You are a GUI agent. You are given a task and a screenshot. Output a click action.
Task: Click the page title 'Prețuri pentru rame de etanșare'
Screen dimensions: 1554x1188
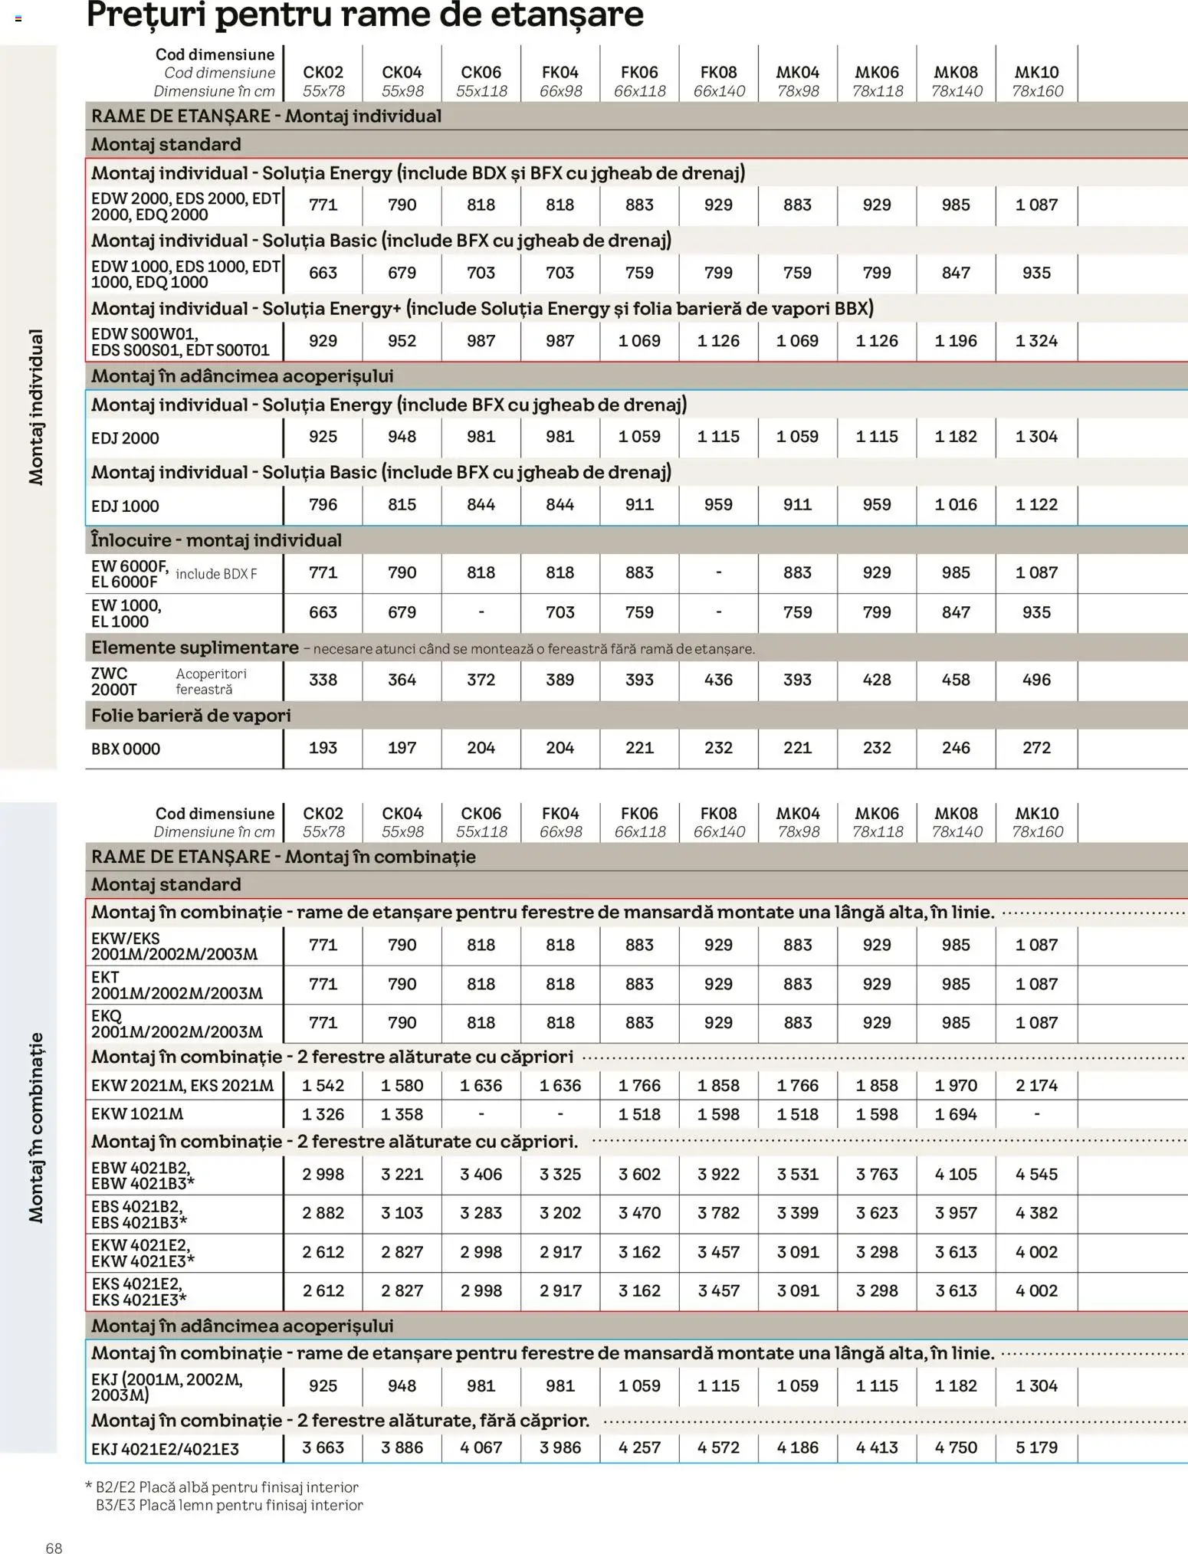point(365,15)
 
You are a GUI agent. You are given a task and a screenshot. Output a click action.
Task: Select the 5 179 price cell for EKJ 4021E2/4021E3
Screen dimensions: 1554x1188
point(1036,1447)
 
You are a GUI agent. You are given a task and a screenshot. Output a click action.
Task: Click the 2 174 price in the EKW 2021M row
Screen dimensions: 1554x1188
point(1036,1085)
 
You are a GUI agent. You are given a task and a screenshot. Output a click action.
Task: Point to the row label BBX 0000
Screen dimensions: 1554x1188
point(126,749)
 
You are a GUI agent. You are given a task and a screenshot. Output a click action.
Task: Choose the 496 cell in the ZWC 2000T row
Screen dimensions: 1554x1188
point(1036,680)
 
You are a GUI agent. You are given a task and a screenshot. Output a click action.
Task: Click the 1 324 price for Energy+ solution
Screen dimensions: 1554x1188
point(1036,341)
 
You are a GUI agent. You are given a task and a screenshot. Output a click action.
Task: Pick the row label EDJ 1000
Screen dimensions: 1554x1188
point(125,506)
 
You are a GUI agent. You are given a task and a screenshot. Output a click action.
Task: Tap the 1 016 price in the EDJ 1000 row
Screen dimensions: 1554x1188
point(956,504)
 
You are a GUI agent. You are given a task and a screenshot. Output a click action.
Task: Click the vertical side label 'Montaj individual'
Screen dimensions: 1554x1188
point(36,407)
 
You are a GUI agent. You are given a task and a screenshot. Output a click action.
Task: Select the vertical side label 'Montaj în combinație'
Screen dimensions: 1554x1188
point(36,1127)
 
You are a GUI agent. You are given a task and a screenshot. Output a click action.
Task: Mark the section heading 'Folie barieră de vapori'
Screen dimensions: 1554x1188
point(191,716)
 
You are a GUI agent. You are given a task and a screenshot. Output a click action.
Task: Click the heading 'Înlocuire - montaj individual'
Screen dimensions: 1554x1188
point(216,540)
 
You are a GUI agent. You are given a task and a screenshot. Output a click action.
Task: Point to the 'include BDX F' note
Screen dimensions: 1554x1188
point(216,574)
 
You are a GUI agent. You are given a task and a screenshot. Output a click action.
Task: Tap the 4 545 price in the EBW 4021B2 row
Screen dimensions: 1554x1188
point(1036,1174)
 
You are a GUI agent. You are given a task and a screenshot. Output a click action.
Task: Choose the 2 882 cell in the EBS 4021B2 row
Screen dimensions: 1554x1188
point(323,1213)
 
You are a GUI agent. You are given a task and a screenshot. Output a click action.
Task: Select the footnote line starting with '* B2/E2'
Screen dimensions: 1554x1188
point(222,1487)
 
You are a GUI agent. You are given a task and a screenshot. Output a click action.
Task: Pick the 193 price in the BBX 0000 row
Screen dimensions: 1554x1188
point(323,748)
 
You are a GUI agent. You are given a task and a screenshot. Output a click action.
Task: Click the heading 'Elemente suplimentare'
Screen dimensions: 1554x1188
point(195,647)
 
